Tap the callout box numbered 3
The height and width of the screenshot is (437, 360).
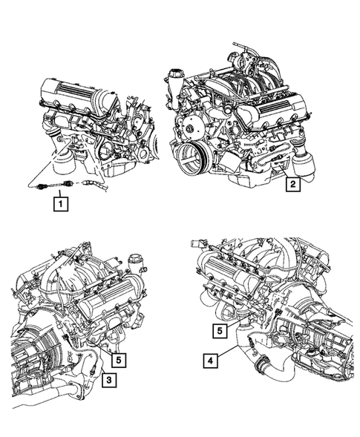click(108, 381)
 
